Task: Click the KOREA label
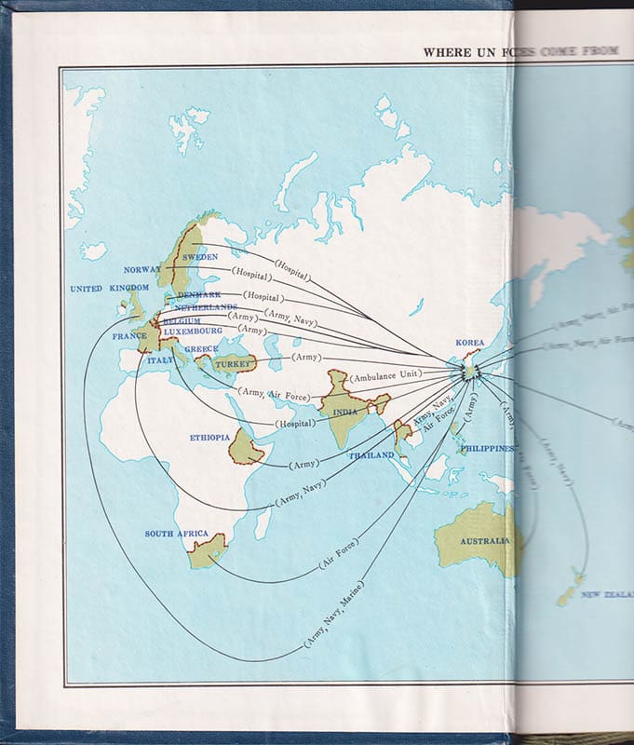pos(470,343)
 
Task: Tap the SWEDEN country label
pos(200,256)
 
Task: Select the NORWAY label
pos(142,270)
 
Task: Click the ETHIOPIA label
pos(209,437)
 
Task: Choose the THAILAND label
pos(371,455)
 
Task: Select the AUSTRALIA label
pos(484,540)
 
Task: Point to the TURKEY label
pos(235,365)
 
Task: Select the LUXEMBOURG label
pos(193,331)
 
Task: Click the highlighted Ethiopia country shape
pos(246,447)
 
